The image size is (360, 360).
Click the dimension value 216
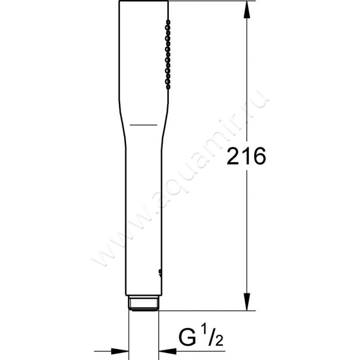coord(246,156)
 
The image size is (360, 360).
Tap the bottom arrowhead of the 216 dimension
coord(247,301)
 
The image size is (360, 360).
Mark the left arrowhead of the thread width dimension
coord(120,351)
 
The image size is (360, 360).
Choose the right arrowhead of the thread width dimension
coord(167,351)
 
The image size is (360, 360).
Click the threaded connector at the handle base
coord(144,303)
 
